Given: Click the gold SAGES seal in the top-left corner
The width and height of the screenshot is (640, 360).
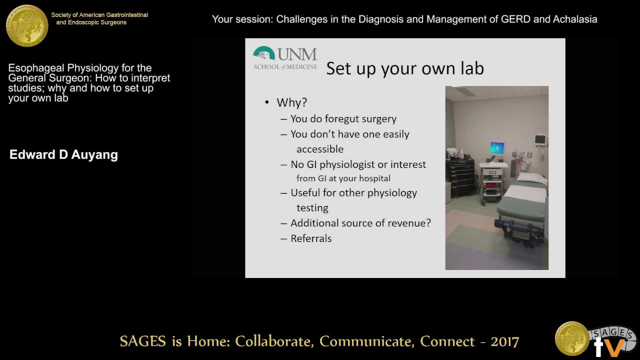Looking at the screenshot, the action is (27, 25).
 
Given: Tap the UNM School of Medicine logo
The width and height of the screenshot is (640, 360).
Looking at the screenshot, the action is (285, 58).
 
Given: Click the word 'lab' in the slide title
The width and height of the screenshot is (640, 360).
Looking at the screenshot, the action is (471, 68).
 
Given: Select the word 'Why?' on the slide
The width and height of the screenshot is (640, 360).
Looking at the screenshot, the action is (291, 102).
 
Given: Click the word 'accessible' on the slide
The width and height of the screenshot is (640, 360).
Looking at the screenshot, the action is (320, 149).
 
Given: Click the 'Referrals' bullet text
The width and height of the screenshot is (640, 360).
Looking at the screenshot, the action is (311, 238).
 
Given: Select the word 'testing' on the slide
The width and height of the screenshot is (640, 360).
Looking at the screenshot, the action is (312, 207).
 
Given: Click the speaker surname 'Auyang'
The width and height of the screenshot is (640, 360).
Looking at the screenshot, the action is (94, 154).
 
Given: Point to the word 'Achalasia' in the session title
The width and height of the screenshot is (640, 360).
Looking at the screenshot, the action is (575, 19).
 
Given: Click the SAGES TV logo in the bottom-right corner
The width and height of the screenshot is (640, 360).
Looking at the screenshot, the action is (595, 340).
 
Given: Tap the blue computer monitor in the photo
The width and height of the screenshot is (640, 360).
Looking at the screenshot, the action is (497, 148).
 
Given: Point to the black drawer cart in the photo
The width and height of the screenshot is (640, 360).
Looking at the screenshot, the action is (460, 176).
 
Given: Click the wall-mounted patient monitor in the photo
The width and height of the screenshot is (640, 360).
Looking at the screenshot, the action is (540, 140).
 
